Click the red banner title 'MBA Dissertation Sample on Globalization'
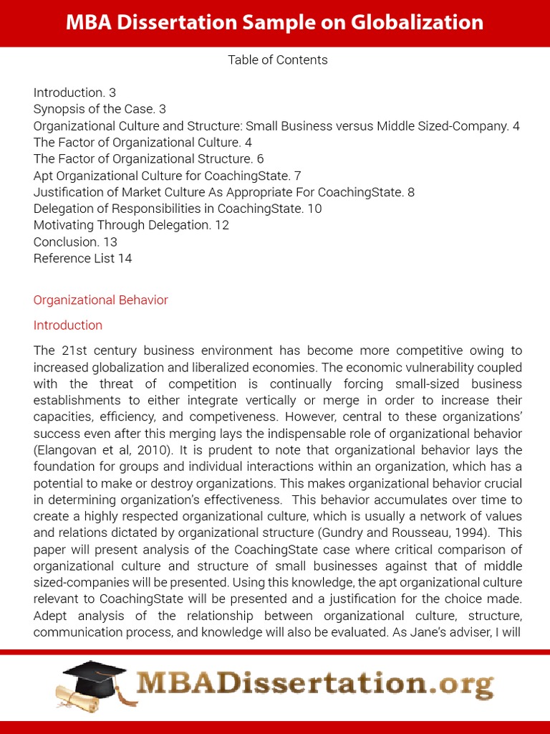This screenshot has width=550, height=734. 274,23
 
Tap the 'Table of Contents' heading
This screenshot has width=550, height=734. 278,60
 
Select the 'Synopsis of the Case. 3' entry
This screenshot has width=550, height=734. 100,109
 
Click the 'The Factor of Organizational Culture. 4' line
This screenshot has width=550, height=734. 143,143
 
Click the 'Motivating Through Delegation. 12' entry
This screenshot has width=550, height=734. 131,225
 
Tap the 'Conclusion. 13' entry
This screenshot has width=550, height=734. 75,242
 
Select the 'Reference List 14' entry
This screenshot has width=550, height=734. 82,258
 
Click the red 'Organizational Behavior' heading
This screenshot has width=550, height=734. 100,300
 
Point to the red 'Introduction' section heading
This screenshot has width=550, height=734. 68,325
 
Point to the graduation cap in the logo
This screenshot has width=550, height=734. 94,673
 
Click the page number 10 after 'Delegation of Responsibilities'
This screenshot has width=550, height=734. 314,209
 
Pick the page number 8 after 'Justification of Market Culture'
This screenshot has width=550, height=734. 410,192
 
